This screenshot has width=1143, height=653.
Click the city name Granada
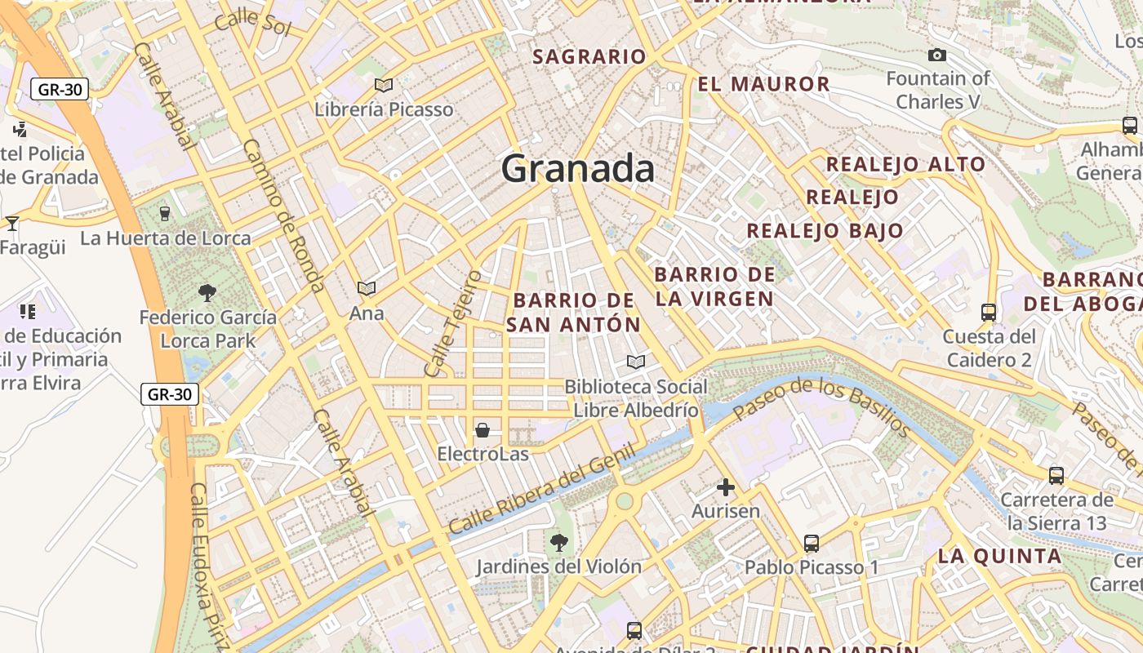pyautogui.click(x=577, y=169)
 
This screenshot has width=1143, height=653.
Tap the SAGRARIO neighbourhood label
pyautogui.click(x=589, y=56)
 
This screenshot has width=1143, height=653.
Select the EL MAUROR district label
pyautogui.click(x=763, y=84)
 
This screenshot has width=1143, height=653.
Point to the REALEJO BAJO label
pyautogui.click(x=825, y=230)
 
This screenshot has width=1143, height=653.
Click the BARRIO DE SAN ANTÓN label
pyautogui.click(x=573, y=312)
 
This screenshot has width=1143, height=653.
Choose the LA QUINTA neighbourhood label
pyautogui.click(x=999, y=557)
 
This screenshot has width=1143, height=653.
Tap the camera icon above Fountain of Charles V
pyautogui.click(x=937, y=55)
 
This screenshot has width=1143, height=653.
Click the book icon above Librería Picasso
pyautogui.click(x=384, y=85)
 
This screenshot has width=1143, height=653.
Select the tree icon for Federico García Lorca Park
pyautogui.click(x=207, y=292)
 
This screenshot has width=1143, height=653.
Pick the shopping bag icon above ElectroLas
pyautogui.click(x=483, y=429)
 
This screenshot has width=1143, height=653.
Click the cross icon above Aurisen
pyautogui.click(x=725, y=488)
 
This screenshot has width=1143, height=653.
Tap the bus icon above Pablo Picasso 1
pyautogui.click(x=811, y=544)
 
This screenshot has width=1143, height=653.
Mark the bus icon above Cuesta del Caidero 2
pyautogui.click(x=988, y=312)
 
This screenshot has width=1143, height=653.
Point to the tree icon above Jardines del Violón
pyautogui.click(x=558, y=542)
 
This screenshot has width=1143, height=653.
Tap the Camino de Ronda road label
pyautogui.click(x=284, y=215)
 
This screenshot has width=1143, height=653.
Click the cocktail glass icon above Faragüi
pyautogui.click(x=12, y=223)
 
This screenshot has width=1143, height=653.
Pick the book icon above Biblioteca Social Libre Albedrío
pyautogui.click(x=635, y=362)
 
